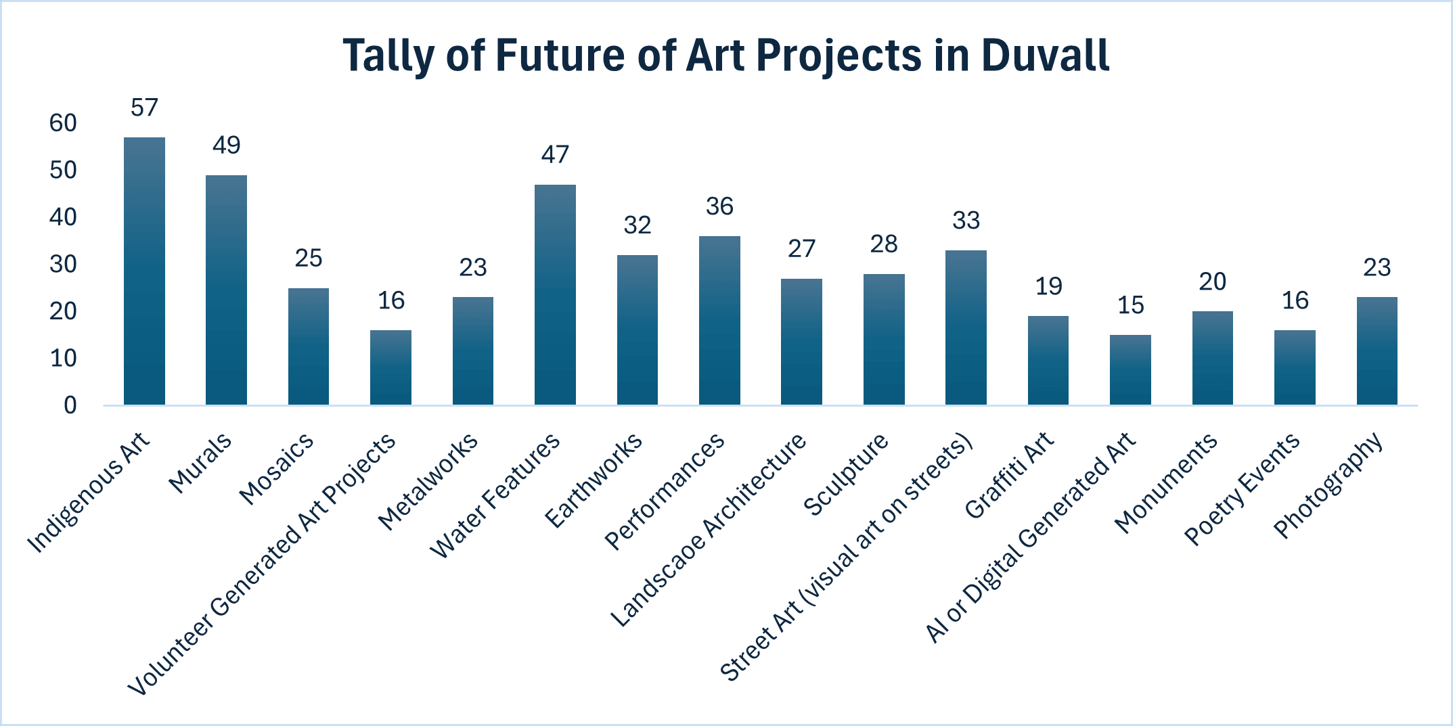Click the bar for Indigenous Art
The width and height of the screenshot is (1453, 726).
pyautogui.click(x=144, y=271)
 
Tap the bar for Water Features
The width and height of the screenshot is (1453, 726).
pyautogui.click(x=555, y=294)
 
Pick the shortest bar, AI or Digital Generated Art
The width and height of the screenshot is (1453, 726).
pyautogui.click(x=1130, y=369)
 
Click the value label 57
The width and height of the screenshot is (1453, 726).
pyautogui.click(x=144, y=108)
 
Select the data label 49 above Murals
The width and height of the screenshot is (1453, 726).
pyautogui.click(x=226, y=145)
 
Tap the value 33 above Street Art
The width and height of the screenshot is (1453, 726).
pyautogui.click(x=966, y=221)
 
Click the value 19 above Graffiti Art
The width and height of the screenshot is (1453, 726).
pyautogui.click(x=1048, y=286)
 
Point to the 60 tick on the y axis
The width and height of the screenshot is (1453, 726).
pyautogui.click(x=63, y=123)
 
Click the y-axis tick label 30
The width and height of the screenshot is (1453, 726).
pyautogui.click(x=63, y=265)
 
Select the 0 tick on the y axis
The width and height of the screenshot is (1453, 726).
pyautogui.click(x=70, y=405)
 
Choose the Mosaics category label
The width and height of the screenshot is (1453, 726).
pyautogui.click(x=277, y=469)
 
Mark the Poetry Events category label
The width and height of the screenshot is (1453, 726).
pyautogui.click(x=1241, y=489)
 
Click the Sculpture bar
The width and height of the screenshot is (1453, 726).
pyautogui.click(x=884, y=339)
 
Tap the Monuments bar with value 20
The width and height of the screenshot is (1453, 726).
pyautogui.click(x=1212, y=358)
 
